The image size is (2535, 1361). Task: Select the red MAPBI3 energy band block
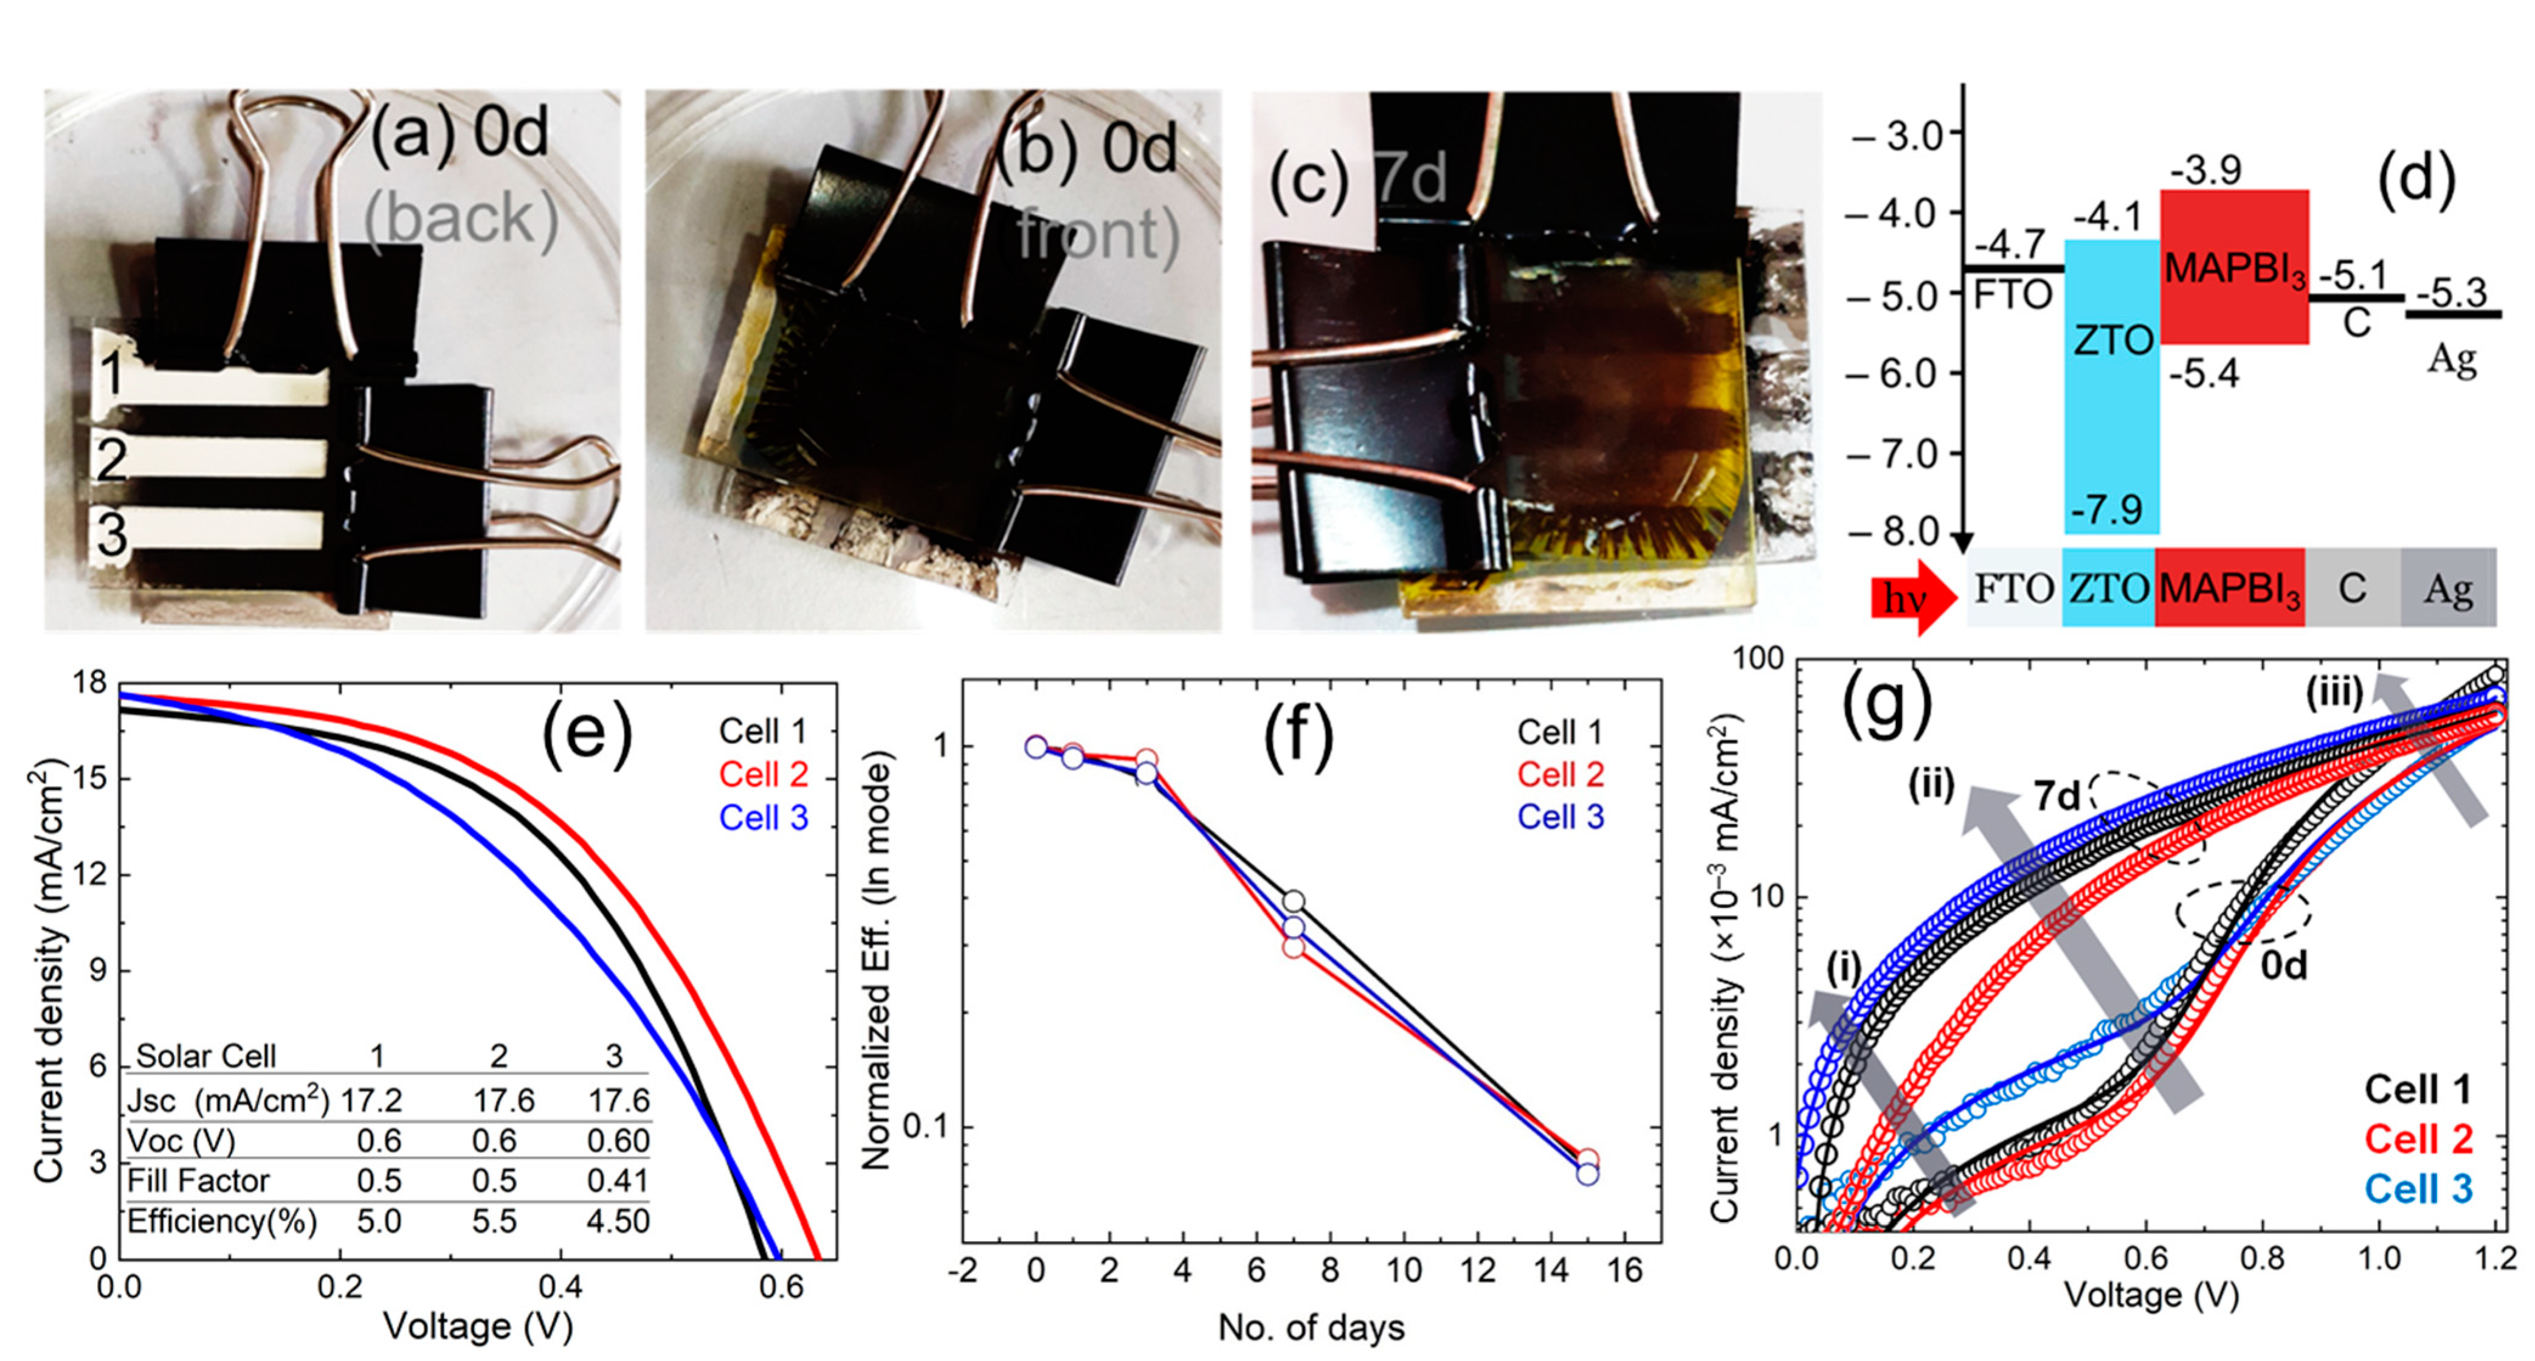click(2234, 267)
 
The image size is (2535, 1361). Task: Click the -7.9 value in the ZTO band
click(2106, 510)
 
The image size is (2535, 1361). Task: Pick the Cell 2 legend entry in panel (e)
click(763, 775)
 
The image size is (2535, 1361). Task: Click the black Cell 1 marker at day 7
click(1293, 901)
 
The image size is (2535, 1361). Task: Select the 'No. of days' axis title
click(1311, 1328)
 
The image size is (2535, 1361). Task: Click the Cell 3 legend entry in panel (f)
click(1560, 817)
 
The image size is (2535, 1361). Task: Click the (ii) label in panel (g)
click(1931, 784)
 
